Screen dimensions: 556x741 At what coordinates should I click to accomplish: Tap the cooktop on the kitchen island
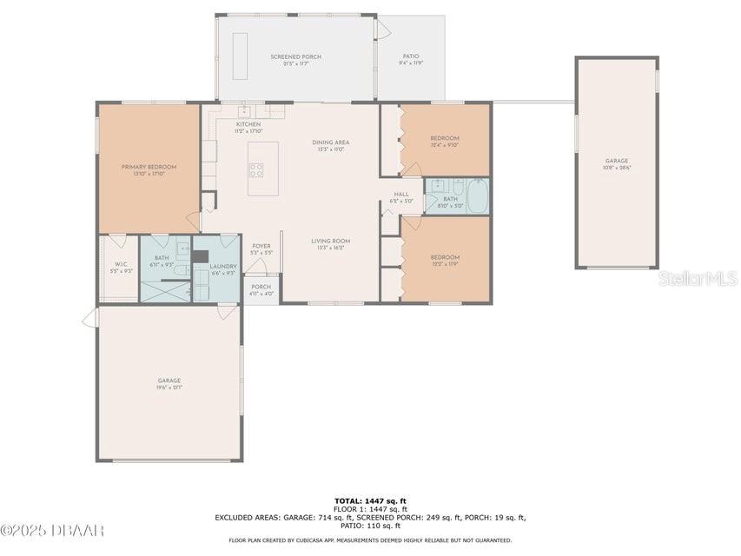257,169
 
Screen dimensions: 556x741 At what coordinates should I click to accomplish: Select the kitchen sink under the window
245,111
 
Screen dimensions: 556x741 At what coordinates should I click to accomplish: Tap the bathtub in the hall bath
477,195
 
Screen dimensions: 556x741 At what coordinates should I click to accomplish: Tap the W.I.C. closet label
117,267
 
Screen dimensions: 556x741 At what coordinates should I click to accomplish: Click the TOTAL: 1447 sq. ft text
370,501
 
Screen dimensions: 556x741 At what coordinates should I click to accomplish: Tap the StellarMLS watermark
698,278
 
